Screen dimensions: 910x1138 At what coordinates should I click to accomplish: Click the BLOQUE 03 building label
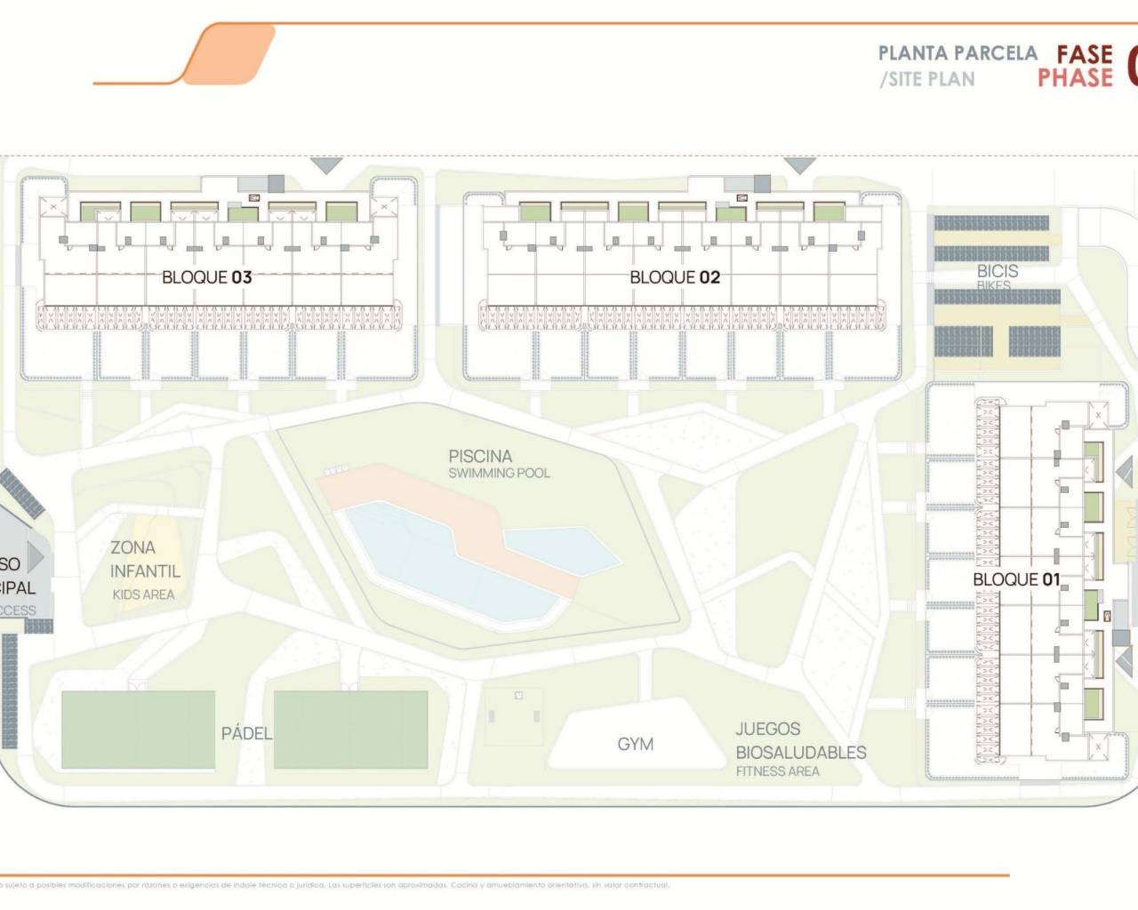(x=206, y=277)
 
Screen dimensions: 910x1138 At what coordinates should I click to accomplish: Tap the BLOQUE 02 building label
(x=675, y=277)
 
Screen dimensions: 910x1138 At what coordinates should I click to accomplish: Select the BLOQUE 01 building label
(x=1016, y=579)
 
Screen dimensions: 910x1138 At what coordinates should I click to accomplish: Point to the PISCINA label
(x=480, y=456)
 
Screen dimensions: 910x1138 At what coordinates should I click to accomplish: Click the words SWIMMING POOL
(x=499, y=473)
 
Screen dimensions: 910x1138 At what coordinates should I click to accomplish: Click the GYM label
(x=635, y=744)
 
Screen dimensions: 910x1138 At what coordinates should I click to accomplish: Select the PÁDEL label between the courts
(x=245, y=733)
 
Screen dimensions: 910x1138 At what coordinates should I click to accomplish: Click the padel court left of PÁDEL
(x=138, y=730)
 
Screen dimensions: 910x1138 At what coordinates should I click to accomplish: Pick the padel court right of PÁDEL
(x=350, y=730)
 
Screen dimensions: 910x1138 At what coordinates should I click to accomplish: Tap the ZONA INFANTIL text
(x=144, y=560)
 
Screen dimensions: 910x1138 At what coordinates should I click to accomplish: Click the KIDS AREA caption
(x=143, y=595)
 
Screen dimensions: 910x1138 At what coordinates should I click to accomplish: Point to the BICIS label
(x=998, y=270)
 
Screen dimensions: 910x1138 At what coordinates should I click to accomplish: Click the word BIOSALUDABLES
(x=800, y=752)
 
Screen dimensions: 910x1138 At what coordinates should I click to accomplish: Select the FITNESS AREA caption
(x=777, y=771)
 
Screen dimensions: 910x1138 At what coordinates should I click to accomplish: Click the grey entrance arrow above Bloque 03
(x=326, y=165)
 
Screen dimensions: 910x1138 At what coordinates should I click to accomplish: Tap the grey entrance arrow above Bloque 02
(x=799, y=165)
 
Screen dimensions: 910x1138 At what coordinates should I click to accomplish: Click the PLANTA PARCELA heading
(x=958, y=53)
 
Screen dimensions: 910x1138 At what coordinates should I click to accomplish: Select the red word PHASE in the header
(x=1075, y=78)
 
